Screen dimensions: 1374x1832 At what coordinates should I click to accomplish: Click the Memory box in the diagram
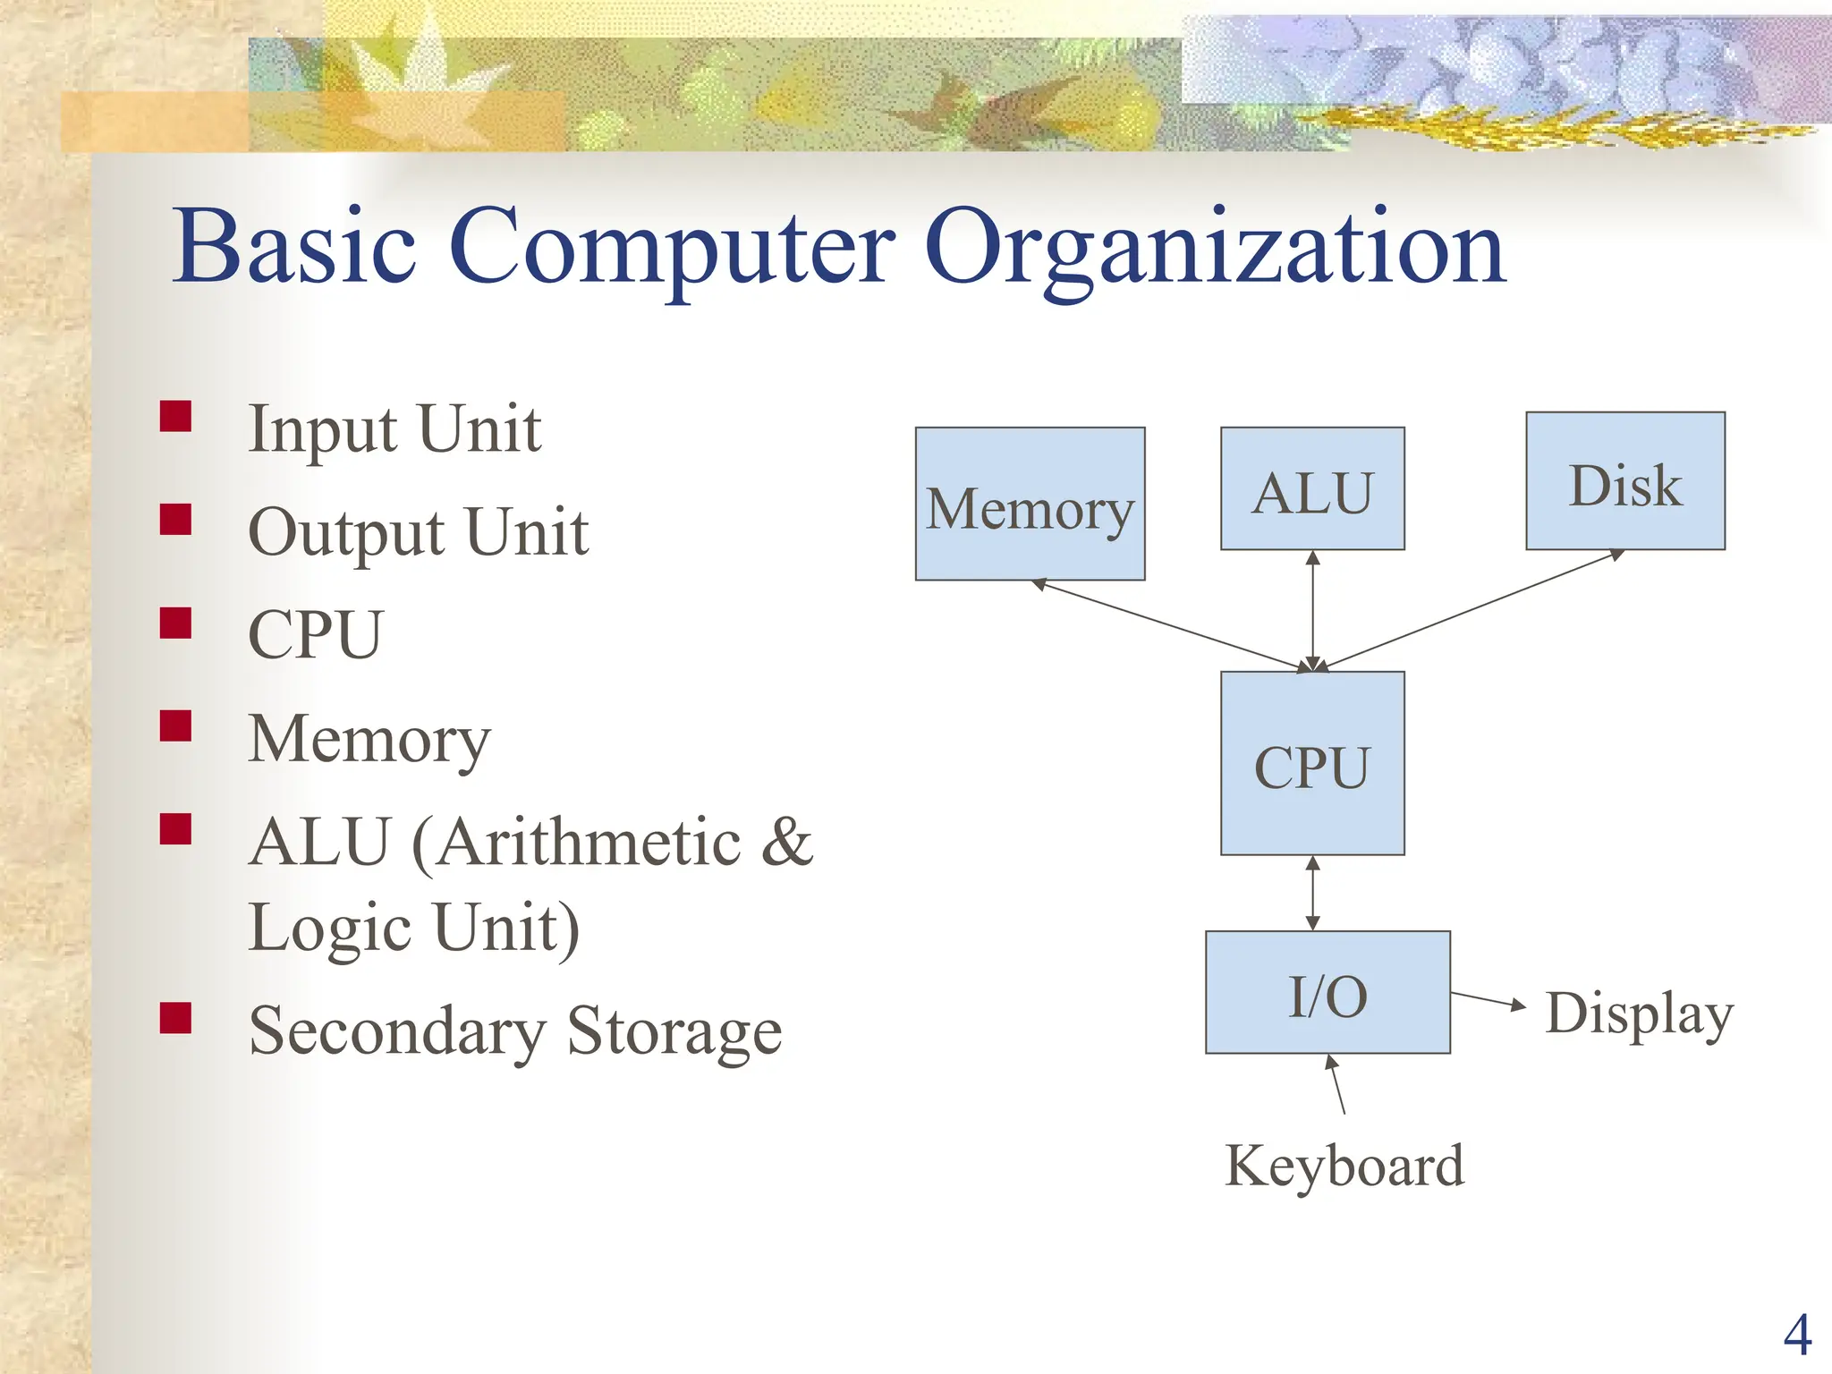[1030, 504]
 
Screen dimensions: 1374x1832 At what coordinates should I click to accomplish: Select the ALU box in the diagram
[1312, 488]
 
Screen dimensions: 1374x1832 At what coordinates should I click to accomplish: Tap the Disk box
[1624, 481]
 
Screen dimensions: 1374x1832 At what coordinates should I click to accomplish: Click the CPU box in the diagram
[1312, 764]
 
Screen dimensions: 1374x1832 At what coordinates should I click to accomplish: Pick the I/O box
[1327, 993]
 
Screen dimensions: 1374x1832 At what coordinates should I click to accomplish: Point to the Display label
[1639, 1014]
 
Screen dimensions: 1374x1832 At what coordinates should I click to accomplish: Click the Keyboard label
[1344, 1166]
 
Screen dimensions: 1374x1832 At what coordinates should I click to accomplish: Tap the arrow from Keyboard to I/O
[1336, 1084]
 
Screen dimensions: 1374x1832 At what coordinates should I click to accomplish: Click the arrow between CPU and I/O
[1312, 893]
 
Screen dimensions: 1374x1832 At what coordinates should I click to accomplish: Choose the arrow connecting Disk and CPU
[1472, 610]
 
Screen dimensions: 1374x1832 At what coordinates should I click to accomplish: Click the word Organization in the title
[1215, 248]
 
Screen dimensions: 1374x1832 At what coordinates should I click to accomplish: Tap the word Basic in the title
[295, 246]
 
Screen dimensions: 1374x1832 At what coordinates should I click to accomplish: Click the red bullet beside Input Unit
[176, 417]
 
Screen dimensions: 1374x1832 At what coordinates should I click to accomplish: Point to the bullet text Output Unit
[418, 532]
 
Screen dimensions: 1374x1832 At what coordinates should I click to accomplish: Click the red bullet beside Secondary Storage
[176, 1018]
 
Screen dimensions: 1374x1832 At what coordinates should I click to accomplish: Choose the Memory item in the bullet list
[369, 740]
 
